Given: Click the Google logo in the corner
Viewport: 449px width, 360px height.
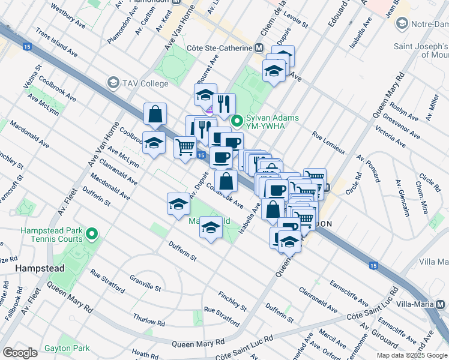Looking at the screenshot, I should pyautogui.click(x=20, y=353).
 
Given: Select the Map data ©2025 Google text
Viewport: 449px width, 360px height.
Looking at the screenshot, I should pyautogui.click(x=412, y=355).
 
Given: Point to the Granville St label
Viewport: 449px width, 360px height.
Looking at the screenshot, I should pyautogui.click(x=145, y=283).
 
